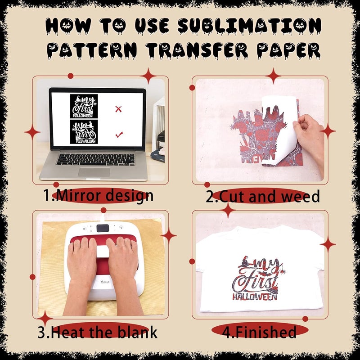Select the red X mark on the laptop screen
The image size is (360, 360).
pyautogui.click(x=118, y=108)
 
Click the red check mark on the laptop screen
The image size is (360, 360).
pyautogui.click(x=119, y=134)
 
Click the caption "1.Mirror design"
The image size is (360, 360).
pyautogui.click(x=98, y=196)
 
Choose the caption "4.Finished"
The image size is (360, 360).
pyautogui.click(x=260, y=333)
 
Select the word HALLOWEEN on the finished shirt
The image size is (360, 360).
pyautogui.click(x=254, y=297)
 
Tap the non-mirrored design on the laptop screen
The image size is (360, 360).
pyautogui.click(x=84, y=106)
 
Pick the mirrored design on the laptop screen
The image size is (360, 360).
pyautogui.click(x=84, y=132)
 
